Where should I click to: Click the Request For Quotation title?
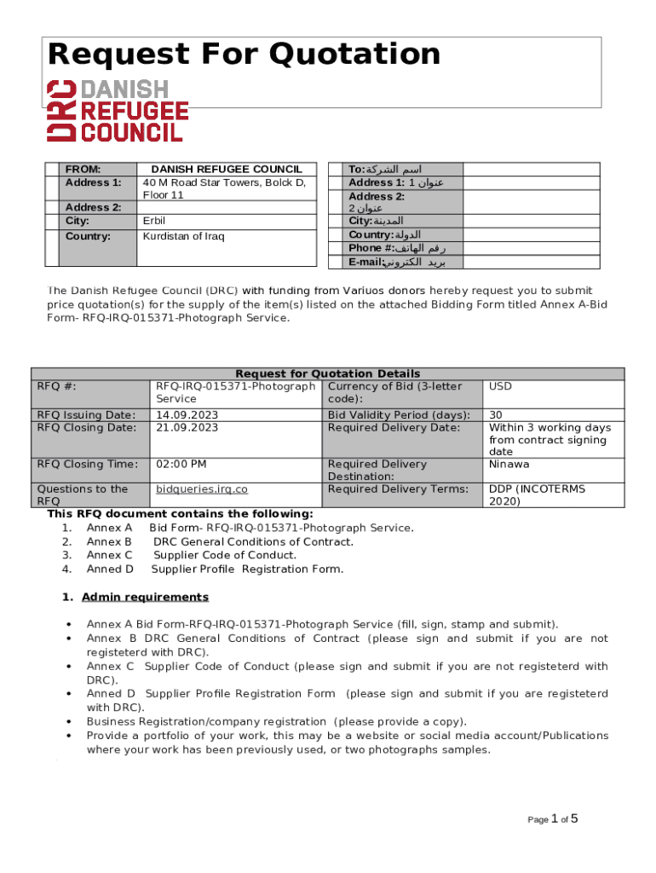pos(245,55)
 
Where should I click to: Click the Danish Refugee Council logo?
pos(118,110)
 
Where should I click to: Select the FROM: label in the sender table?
pos(83,169)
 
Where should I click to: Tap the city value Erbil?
pos(153,221)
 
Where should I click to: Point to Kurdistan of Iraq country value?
pos(183,236)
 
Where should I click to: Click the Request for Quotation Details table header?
pos(327,373)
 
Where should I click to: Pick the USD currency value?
pos(500,386)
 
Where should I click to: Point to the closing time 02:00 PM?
pos(181,465)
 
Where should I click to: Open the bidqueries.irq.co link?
pos(201,489)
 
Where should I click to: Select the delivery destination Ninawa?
pos(509,465)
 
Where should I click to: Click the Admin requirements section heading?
pos(145,597)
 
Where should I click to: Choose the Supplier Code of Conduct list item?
pos(224,555)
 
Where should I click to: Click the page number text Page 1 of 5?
pos(553,819)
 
